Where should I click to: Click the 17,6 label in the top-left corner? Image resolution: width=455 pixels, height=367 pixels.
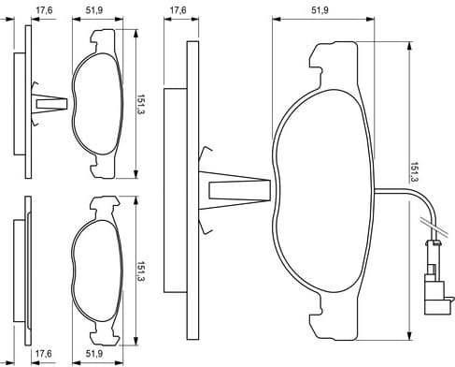42,12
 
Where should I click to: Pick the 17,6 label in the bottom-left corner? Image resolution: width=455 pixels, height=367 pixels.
42,353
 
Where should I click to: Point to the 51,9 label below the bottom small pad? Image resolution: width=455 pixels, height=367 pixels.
94,353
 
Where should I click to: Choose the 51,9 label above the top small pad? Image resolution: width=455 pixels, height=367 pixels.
94,12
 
